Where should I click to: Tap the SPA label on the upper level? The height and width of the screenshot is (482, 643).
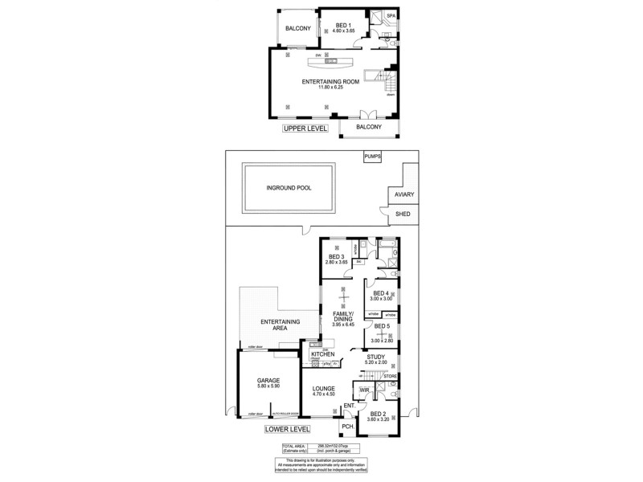(391, 16)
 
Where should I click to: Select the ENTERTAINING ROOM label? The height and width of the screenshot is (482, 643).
(330, 82)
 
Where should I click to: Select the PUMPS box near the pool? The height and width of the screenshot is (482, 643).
(372, 157)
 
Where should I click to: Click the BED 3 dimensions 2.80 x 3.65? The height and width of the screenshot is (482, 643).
(336, 263)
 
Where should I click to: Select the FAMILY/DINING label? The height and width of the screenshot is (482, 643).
(342, 317)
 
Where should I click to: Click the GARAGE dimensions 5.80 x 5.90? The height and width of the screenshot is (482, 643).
(268, 387)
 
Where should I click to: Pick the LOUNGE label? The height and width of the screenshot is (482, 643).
(324, 389)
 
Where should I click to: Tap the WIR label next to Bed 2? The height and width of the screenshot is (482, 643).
(364, 390)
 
